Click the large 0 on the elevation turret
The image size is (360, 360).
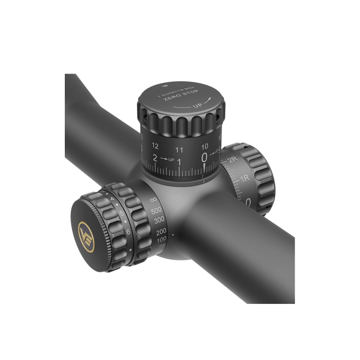tap(205, 157)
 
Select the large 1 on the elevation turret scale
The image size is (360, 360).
tap(179, 162)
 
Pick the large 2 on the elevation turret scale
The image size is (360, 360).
tap(155, 158)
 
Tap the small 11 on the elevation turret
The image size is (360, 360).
tap(179, 150)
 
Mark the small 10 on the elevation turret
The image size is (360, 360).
tap(205, 147)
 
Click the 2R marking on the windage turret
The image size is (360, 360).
tap(232, 159)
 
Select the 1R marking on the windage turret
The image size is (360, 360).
tap(245, 179)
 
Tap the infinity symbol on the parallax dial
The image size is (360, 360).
tap(153, 200)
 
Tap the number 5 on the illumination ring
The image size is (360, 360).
tap(121, 213)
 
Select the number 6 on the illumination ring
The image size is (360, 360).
tap(128, 232)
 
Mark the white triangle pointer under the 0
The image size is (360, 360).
tap(205, 175)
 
